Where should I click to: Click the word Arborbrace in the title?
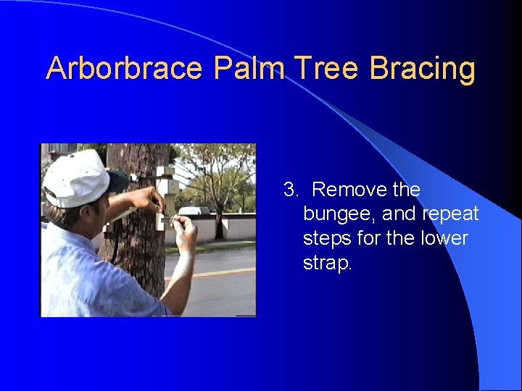coord(125,70)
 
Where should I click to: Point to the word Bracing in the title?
coord(423,70)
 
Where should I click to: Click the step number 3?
coord(290,190)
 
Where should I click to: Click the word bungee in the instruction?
coord(336,214)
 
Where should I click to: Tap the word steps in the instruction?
coord(327,238)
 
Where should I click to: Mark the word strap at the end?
coord(326,263)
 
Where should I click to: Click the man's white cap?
coord(75,178)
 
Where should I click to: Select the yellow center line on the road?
coord(217,273)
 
